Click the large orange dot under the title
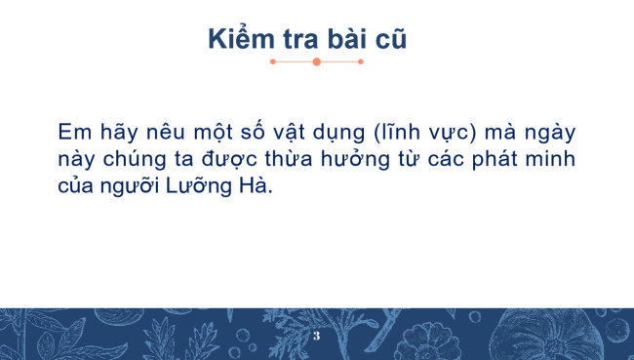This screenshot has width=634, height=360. tap(316, 61)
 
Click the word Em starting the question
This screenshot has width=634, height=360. tap(71, 131)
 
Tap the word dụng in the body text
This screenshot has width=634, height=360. tap(337, 133)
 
